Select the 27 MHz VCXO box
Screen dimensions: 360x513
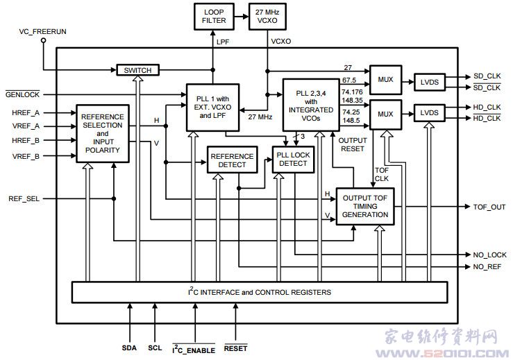click(x=267, y=17)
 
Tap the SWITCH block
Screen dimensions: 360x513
click(x=137, y=70)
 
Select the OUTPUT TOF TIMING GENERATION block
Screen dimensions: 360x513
click(x=365, y=206)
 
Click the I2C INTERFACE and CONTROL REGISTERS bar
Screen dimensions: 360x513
click(x=259, y=291)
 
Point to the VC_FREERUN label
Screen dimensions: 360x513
click(x=42, y=31)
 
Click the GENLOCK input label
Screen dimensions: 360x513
click(x=24, y=94)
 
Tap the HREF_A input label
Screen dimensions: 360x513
click(x=26, y=112)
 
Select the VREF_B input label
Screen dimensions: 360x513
click(x=26, y=156)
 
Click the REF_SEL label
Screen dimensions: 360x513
click(x=24, y=198)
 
